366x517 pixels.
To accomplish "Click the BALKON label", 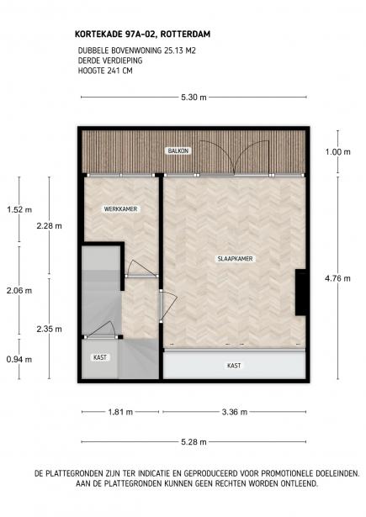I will pyautogui.click(x=178, y=150).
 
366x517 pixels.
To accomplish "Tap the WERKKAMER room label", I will pyautogui.click(x=120, y=208).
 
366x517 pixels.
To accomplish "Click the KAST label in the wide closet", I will pyautogui.click(x=234, y=367).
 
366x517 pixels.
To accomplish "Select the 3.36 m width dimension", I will pyautogui.click(x=234, y=412).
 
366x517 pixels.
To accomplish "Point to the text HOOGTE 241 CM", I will pyautogui.click(x=105, y=71).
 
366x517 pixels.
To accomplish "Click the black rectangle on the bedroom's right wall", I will pyautogui.click(x=299, y=293).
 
